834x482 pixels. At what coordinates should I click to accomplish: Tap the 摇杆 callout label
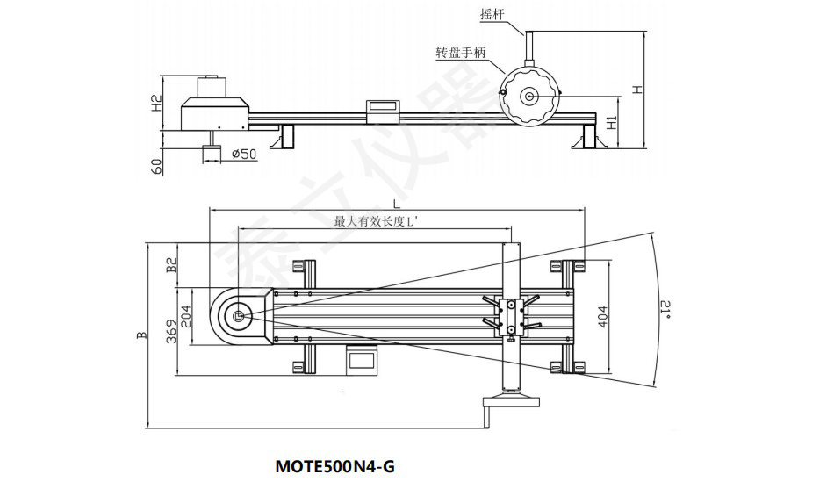492,15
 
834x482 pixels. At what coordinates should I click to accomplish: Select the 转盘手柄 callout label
461,52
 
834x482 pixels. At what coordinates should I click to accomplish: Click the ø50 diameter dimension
242,155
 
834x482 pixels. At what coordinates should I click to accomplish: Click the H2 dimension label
157,104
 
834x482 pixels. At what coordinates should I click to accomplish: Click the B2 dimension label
172,265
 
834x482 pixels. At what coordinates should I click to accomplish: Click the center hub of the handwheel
530,96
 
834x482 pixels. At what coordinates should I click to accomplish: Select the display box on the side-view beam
383,107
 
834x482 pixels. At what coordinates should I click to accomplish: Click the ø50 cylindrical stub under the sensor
211,155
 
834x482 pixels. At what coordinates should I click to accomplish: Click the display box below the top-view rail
361,358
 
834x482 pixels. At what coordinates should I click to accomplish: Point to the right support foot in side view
586,139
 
